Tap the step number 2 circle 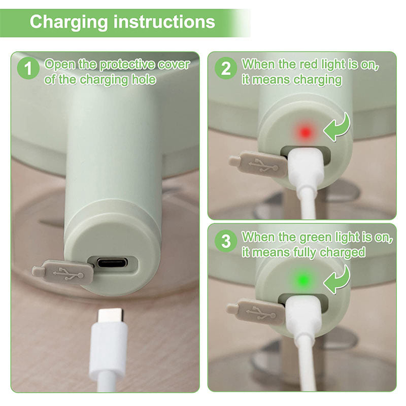tap(225, 69)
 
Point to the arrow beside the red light tap(336, 127)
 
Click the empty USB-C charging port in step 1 tap(112, 263)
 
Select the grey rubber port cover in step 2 tap(259, 164)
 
